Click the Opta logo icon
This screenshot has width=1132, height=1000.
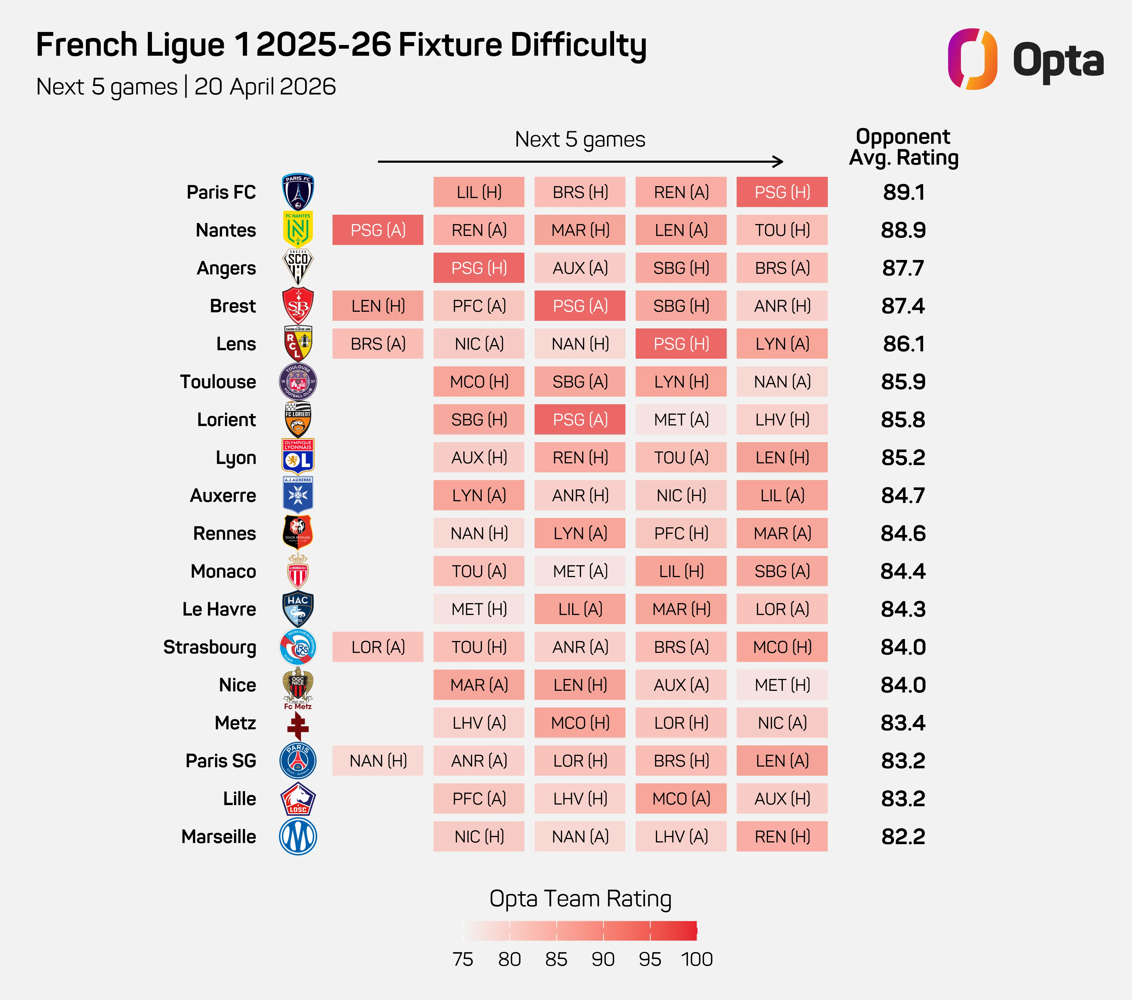point(972,59)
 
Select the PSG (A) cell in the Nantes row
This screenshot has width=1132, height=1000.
point(378,230)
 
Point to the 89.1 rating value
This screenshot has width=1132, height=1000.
point(903,192)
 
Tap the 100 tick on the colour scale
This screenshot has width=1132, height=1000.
point(697,959)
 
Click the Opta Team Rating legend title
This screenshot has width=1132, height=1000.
point(580,899)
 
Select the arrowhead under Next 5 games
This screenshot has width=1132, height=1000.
point(779,162)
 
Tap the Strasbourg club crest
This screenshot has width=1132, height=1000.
point(298,647)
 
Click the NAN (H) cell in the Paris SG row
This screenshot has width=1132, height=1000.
point(378,761)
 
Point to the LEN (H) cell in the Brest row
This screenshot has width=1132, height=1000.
point(378,306)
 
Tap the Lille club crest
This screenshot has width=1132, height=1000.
point(298,799)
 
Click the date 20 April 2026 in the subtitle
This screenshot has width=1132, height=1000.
point(265,87)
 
